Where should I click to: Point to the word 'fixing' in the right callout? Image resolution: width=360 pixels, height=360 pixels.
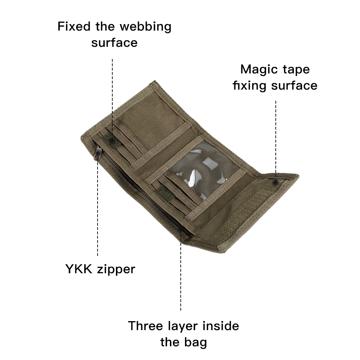(250, 86)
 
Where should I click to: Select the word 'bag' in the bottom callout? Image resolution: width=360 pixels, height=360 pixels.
(196, 342)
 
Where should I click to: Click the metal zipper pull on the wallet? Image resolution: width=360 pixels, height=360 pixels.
(96, 152)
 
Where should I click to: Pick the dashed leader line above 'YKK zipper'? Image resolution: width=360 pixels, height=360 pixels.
(98, 209)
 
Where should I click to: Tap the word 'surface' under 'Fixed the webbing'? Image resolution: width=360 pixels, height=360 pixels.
(114, 43)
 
